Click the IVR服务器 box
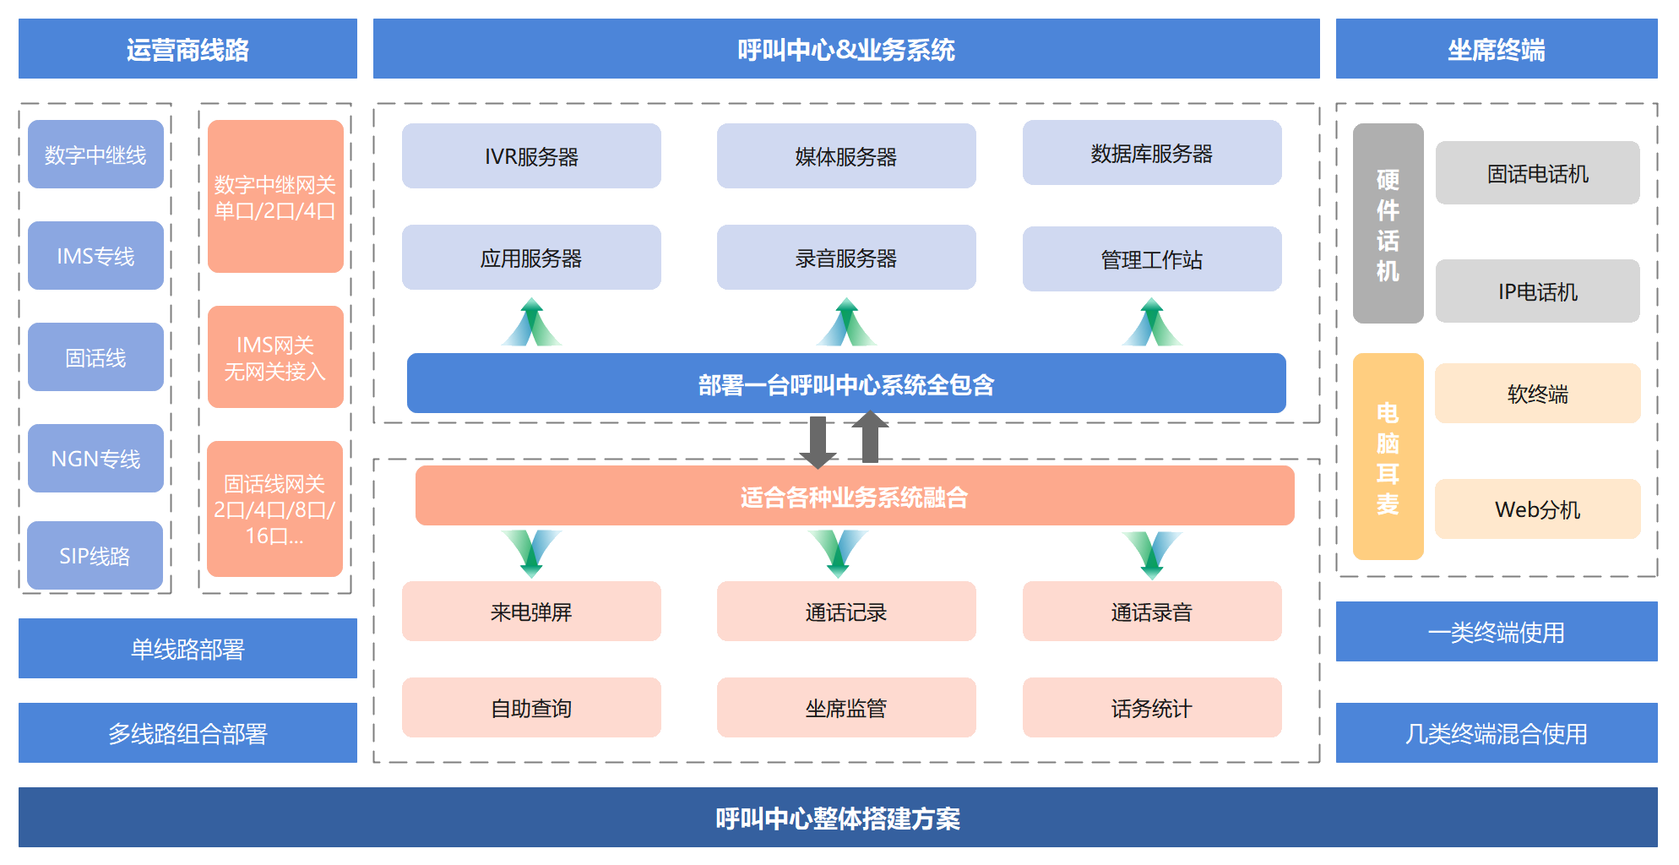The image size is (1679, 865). [531, 156]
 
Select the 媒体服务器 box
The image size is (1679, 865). [846, 156]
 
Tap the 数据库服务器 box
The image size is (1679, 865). [1152, 153]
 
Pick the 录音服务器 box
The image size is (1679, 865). [846, 258]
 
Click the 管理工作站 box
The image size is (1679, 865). [1152, 259]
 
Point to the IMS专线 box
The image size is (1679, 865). [95, 256]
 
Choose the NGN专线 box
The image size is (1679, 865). [95, 458]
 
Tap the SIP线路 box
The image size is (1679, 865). [95, 555]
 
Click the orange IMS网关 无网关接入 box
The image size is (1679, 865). [275, 357]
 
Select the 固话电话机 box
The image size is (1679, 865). [1537, 173]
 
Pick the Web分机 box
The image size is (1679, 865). [1537, 509]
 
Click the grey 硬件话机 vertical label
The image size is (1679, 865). [1388, 224]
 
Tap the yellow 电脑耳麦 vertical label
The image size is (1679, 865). [1388, 457]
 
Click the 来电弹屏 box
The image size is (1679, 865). [531, 612]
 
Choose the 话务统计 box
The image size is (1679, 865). [1152, 708]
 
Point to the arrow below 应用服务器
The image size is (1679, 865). [531, 323]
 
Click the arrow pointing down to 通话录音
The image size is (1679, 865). [1152, 553]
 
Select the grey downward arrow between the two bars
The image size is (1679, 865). [818, 442]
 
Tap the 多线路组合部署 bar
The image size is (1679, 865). [187, 733]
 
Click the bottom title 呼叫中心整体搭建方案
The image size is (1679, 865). [838, 818]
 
